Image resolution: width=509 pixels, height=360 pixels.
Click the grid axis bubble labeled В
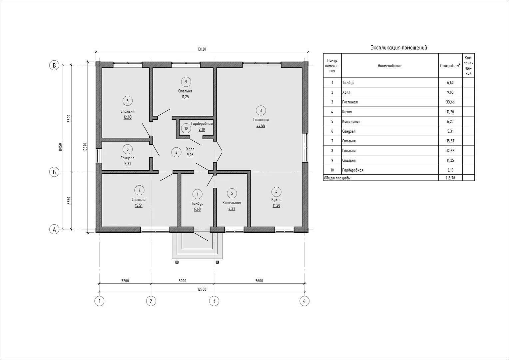54,65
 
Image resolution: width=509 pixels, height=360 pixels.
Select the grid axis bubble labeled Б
54,172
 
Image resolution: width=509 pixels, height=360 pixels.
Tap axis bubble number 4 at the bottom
304,301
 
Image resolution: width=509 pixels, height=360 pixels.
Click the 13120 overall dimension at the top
202,49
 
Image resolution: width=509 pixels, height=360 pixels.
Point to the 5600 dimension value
259,281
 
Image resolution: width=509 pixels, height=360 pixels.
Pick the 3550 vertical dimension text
69,201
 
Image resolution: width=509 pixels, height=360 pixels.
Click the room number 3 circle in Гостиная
260,111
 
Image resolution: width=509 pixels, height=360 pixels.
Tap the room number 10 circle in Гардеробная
186,128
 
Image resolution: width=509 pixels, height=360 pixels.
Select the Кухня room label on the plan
276,200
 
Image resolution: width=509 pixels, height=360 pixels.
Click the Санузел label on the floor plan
128,158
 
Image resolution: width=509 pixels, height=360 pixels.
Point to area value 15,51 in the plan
139,205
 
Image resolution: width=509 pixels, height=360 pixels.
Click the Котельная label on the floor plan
232,203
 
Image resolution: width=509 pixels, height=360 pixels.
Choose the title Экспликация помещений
399,48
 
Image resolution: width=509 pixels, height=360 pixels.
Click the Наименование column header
389,66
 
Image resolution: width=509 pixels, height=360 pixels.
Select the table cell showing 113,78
450,178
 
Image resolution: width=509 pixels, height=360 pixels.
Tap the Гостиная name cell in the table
350,102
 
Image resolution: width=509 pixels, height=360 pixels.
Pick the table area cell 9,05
450,92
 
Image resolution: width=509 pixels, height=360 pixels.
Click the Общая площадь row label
337,178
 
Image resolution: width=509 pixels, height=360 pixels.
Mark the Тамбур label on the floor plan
197,204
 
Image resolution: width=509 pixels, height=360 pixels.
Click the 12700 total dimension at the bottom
202,289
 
